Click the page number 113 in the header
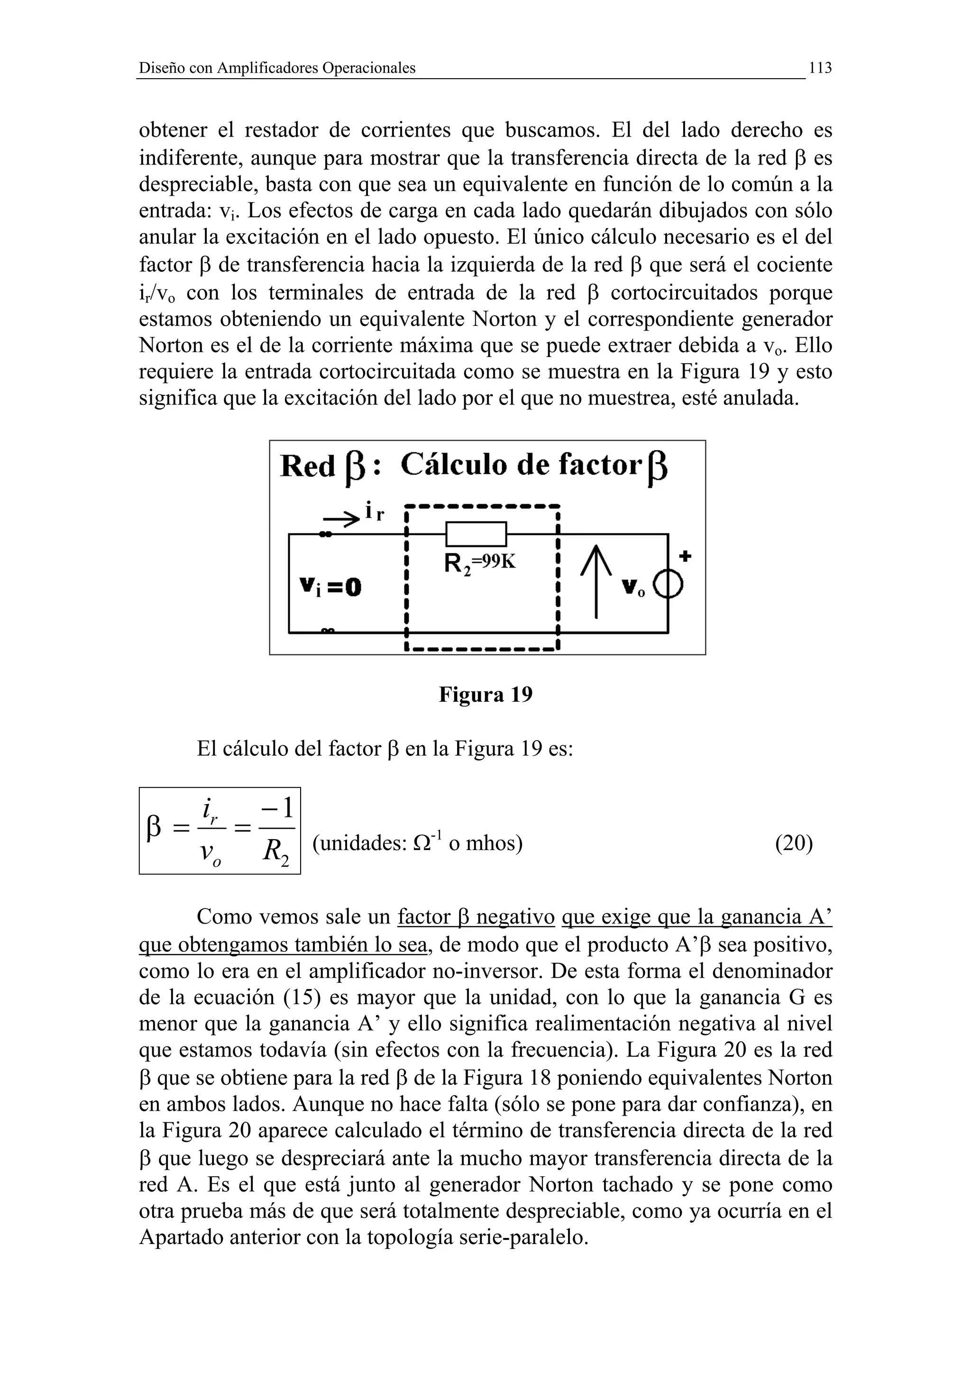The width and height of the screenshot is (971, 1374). (820, 68)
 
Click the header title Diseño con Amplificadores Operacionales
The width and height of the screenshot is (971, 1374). (277, 68)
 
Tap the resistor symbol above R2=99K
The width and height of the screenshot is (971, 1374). (476, 534)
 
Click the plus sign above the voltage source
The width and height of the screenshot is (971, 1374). (686, 557)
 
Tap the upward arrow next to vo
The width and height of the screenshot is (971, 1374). (596, 584)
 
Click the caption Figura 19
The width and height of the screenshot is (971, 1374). (485, 695)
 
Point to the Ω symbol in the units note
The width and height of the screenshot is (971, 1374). (421, 844)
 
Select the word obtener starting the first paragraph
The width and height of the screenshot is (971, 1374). (173, 130)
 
